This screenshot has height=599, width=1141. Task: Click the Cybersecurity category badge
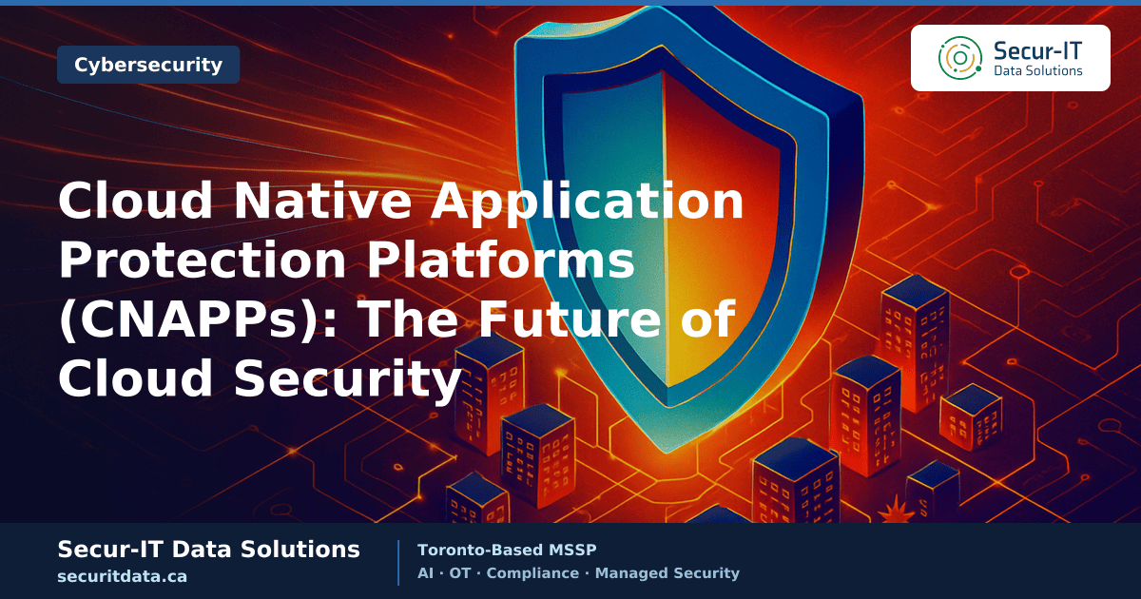(148, 65)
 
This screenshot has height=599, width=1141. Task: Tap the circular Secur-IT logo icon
(959, 58)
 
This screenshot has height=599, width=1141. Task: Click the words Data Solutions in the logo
(1038, 70)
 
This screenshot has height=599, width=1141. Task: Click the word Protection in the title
(203, 260)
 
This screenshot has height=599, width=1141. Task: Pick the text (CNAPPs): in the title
(198, 320)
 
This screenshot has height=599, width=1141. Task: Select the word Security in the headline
(347, 379)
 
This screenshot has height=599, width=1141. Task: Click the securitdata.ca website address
(123, 576)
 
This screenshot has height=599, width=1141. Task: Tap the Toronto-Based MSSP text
(507, 551)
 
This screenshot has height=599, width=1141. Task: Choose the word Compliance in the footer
(532, 573)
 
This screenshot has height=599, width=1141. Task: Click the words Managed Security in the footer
(667, 573)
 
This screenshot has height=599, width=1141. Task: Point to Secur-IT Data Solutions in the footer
(209, 550)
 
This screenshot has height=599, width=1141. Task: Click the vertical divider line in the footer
(398, 563)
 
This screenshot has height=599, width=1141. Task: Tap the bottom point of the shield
(667, 452)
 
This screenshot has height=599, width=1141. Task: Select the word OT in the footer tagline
(460, 573)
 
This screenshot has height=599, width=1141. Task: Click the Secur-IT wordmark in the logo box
(1037, 51)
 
